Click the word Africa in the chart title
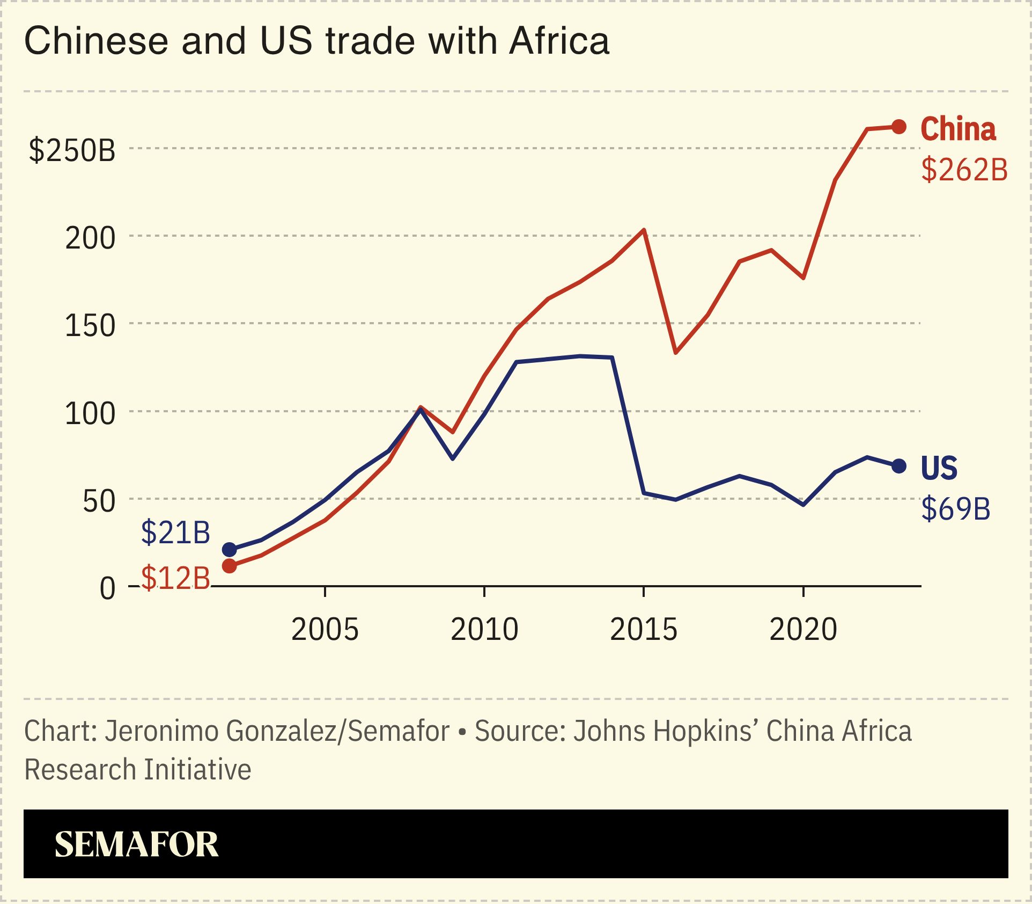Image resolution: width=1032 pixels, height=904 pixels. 559,41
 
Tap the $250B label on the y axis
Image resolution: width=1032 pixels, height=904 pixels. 72,150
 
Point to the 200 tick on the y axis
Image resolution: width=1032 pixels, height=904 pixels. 90,238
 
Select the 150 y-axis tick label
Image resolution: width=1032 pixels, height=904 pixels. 90,326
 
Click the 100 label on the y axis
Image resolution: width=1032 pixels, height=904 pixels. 90,414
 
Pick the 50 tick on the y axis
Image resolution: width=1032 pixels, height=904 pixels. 99,501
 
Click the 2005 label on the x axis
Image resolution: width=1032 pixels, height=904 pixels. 325,629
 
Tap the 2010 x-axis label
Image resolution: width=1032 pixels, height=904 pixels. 484,629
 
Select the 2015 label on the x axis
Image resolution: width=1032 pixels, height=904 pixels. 643,629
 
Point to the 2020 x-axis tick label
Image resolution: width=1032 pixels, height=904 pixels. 803,629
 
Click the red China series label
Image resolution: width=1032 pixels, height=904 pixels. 958,129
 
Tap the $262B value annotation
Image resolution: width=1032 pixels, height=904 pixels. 964,170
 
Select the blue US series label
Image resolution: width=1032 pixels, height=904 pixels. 939,468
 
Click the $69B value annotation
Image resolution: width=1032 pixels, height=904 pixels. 955,508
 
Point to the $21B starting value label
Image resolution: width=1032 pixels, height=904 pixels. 175,533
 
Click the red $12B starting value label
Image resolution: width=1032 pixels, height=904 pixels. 175,579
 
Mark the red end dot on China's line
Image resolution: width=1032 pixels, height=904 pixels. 899,127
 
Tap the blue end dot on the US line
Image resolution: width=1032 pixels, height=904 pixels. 899,466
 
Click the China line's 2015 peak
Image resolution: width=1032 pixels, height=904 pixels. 644,230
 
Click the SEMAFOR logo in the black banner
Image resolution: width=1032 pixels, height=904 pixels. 136,844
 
